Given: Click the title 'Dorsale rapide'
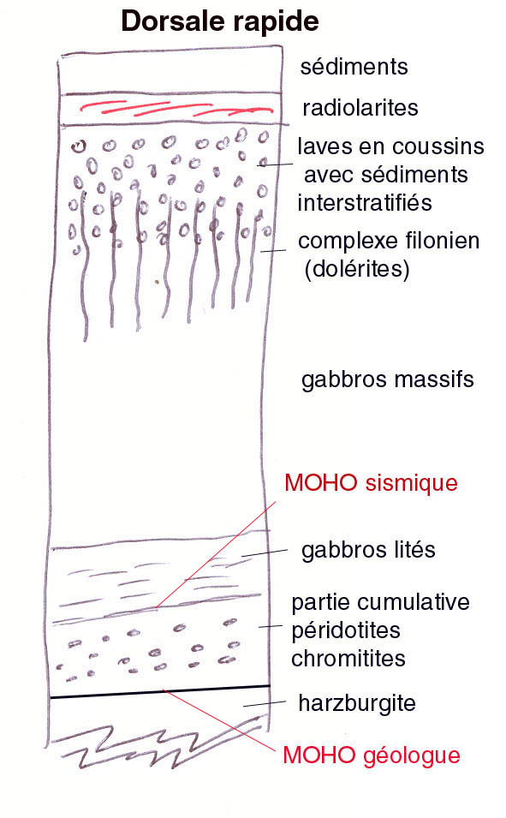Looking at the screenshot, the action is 220,21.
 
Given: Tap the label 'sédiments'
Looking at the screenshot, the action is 354,67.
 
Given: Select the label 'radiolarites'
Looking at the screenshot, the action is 360,108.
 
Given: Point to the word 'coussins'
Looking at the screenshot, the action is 443,146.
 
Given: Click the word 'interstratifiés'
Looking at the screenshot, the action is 365,203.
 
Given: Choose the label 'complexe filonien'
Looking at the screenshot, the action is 389,241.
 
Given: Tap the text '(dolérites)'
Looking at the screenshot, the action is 357,269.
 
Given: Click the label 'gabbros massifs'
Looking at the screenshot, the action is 388,379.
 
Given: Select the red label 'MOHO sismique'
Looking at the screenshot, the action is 371,483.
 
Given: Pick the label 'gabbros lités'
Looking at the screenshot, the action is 368,550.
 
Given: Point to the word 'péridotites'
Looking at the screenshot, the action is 346,630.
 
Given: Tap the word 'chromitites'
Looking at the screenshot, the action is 348,659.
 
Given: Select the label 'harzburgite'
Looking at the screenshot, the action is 357,704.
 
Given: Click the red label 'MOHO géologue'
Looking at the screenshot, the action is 372,755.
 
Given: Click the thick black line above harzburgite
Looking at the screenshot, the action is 160,691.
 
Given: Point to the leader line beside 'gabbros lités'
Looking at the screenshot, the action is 265,552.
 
